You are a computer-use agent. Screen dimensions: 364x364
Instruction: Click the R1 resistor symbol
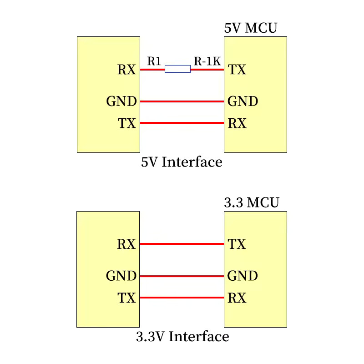click(x=177, y=69)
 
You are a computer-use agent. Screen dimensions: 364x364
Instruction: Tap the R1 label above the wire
click(x=154, y=61)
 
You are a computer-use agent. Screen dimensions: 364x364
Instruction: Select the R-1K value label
click(x=207, y=61)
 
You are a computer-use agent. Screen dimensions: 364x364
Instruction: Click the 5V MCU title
click(x=251, y=28)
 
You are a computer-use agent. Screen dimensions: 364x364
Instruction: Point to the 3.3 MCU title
click(x=252, y=202)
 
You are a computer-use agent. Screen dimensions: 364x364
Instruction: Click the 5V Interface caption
click(x=182, y=162)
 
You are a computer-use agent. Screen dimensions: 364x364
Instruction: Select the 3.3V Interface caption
click(x=182, y=337)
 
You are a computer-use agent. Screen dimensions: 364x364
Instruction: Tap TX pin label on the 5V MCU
click(x=237, y=70)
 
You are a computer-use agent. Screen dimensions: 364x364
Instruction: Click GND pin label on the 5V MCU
click(x=243, y=101)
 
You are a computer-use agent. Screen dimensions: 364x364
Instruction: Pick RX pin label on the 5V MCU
click(x=237, y=123)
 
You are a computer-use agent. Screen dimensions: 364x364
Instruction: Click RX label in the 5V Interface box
click(x=126, y=70)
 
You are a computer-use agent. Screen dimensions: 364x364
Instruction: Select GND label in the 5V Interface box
click(x=121, y=101)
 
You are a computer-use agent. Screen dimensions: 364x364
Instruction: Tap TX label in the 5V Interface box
click(x=127, y=123)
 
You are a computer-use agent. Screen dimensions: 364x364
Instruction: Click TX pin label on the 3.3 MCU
click(x=237, y=244)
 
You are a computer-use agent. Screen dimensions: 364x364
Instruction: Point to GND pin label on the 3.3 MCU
click(x=243, y=276)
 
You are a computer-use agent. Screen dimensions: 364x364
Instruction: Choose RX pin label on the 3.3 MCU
click(x=237, y=298)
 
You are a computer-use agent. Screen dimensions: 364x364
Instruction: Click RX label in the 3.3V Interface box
click(x=126, y=244)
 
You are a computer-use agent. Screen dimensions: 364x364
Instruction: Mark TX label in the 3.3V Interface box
click(x=127, y=298)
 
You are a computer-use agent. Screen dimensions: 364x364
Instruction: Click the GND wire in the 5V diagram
click(x=182, y=101)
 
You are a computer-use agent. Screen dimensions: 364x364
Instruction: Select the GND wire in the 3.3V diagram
click(x=182, y=276)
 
